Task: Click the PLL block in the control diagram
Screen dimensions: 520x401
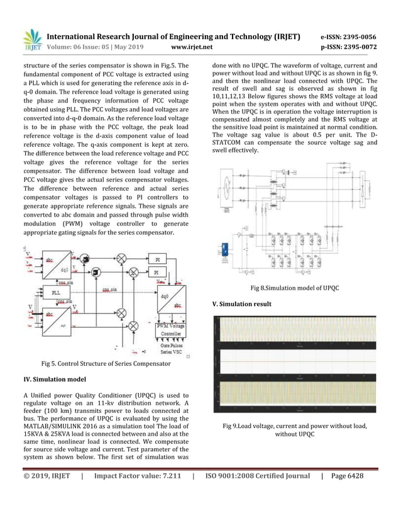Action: tap(57, 293)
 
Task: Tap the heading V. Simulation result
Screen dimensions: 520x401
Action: tap(242, 304)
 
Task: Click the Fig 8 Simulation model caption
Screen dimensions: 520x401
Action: tap(295, 288)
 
